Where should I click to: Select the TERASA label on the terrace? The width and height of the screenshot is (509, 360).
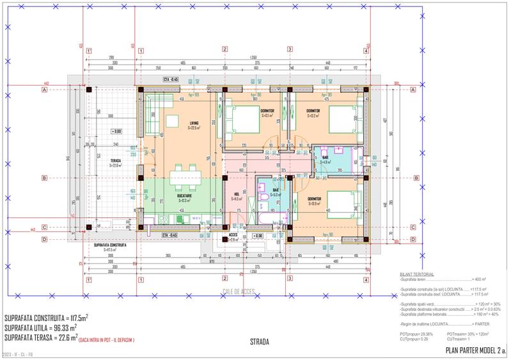pos(116,160)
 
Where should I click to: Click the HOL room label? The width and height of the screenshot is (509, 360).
pos(237,194)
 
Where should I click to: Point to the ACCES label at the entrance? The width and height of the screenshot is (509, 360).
pos(234,235)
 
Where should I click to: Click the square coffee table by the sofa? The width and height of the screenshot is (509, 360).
pos(173,121)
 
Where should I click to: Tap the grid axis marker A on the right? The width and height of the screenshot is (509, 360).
pos(413,90)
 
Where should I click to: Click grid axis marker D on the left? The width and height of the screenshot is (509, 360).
pos(45,240)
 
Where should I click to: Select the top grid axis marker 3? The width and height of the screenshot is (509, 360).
pos(290,50)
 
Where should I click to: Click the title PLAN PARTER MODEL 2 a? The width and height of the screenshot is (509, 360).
pos(475,350)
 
